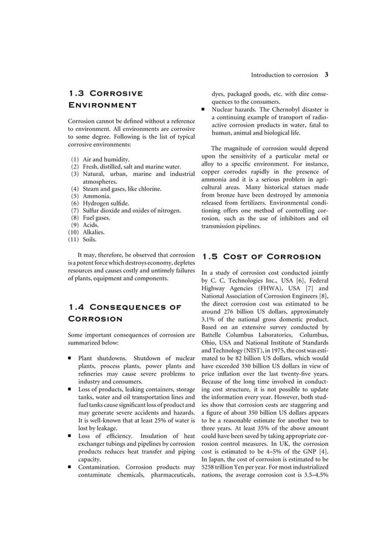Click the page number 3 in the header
pyautogui.click(x=326, y=76)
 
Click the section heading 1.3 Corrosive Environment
pyautogui.click(x=106, y=99)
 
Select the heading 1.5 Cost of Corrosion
pyautogui.click(x=261, y=257)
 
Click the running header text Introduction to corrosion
pyautogui.click(x=284, y=76)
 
